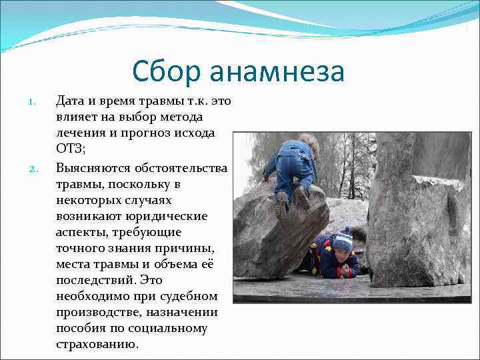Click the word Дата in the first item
click(70, 101)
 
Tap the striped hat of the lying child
click(343, 239)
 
